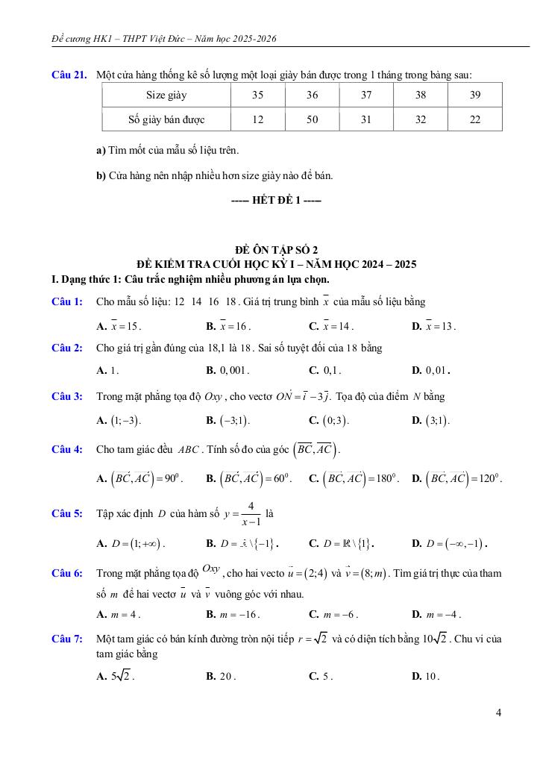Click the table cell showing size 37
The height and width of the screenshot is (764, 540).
(x=366, y=95)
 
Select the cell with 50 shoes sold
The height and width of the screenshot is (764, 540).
(x=312, y=119)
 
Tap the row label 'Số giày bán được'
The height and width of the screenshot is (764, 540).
(x=166, y=119)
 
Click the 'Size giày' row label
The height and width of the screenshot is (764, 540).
(x=166, y=95)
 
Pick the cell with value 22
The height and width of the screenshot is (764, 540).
(x=475, y=119)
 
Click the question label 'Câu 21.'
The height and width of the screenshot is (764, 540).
(x=69, y=75)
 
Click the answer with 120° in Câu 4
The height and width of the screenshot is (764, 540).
(x=456, y=477)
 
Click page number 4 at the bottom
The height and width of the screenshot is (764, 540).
(x=498, y=713)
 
